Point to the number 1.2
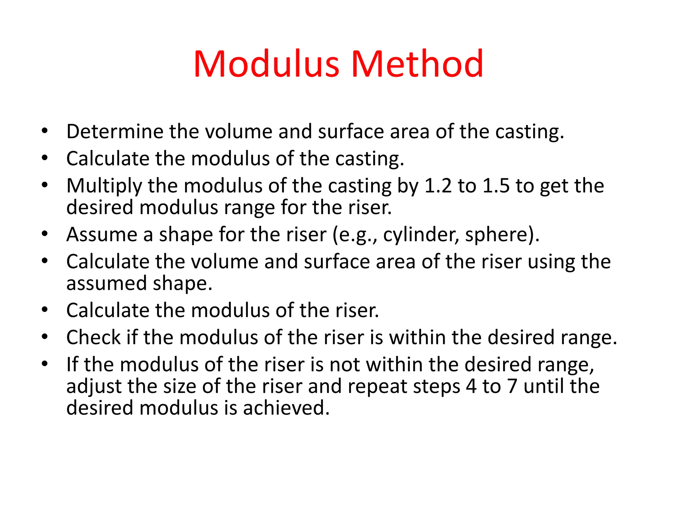(438, 186)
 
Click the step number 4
(471, 386)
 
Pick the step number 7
(512, 386)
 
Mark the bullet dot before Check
(45, 337)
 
